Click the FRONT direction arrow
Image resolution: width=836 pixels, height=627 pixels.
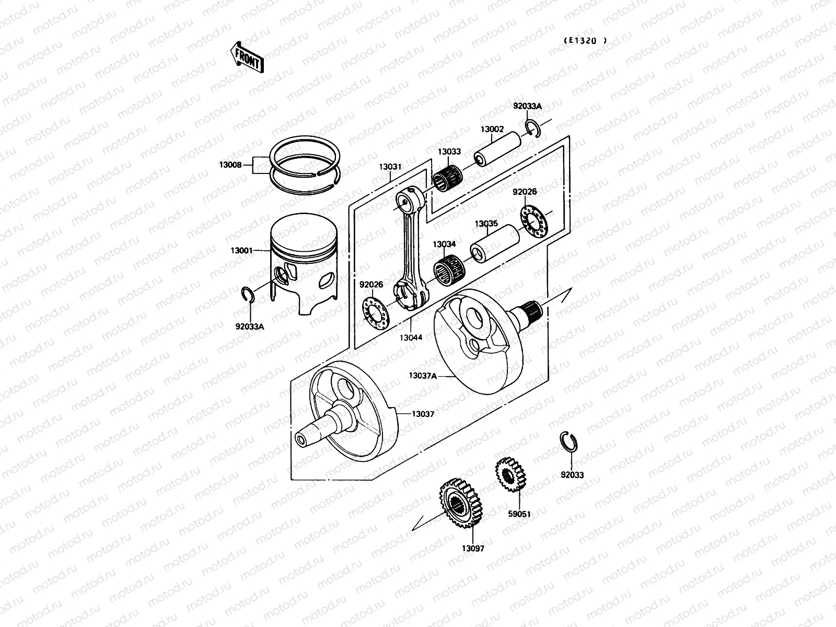pos(246,57)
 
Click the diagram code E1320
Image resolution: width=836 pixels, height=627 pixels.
pos(585,40)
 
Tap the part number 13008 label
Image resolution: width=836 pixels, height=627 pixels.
pos(230,165)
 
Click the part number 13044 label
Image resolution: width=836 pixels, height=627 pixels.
pos(411,338)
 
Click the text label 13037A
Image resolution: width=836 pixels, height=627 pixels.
pos(423,375)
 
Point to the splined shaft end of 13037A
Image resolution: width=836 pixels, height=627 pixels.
pos(533,310)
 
